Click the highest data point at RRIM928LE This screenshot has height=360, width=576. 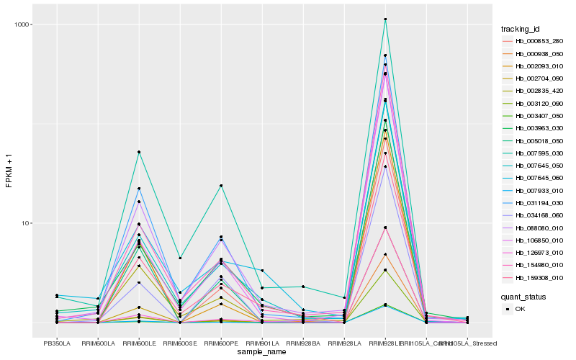(385, 19)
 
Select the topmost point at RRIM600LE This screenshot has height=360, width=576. (139, 152)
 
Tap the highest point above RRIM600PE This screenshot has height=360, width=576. (221, 186)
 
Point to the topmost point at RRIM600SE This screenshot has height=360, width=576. (180, 258)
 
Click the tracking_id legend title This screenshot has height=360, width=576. (521, 29)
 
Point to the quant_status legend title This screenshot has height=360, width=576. (523, 296)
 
